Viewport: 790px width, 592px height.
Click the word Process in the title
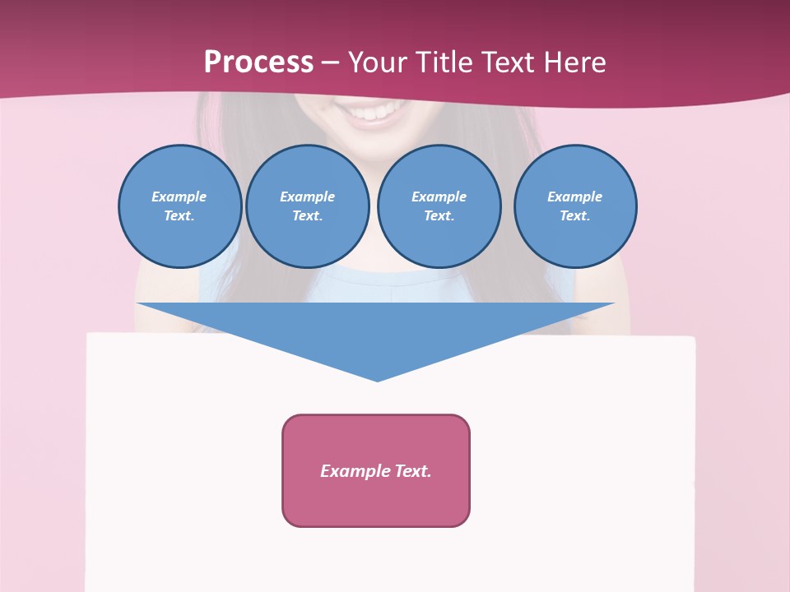[258, 62]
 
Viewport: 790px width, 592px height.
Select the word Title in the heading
[446, 62]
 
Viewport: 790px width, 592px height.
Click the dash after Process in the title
[330, 63]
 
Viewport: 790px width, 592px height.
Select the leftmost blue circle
[179, 206]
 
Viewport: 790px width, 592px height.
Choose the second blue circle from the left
[307, 206]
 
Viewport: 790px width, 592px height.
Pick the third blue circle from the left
[439, 206]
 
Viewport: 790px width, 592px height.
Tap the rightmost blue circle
[574, 206]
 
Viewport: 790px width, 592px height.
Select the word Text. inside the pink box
[412, 471]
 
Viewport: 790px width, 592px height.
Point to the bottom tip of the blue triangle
[377, 379]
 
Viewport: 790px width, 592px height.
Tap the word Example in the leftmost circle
[179, 197]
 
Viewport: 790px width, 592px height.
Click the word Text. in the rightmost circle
[574, 216]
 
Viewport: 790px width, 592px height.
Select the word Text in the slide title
[510, 62]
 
